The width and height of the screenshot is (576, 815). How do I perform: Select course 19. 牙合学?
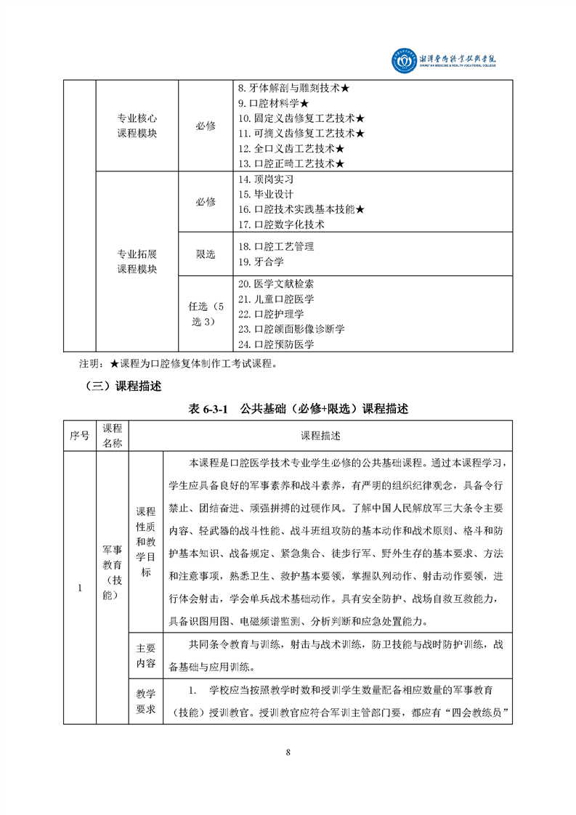click(x=260, y=261)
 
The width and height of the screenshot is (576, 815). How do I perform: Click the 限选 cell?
click(x=206, y=254)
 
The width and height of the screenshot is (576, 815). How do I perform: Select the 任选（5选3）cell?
click(x=206, y=314)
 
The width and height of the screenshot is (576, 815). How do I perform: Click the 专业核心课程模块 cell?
click(x=137, y=126)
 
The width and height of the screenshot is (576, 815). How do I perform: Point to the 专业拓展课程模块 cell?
click(x=137, y=261)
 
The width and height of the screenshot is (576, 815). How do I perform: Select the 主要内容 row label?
click(x=146, y=653)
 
